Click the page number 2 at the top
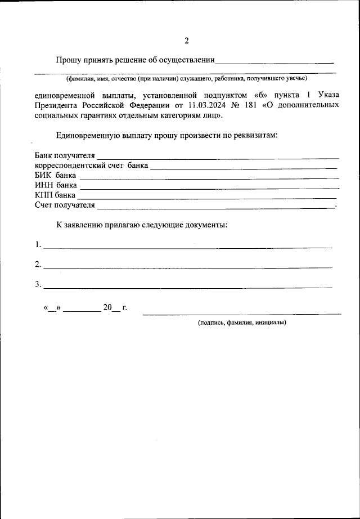tap(186, 40)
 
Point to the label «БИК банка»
tap(55, 175)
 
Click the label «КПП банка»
tap(55, 195)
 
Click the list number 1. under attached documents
tap(38, 245)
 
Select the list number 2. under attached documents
tap(38, 265)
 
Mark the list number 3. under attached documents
tap(38, 285)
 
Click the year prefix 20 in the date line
tap(107, 308)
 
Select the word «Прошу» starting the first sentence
tap(68, 60)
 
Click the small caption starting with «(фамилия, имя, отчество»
tap(186, 78)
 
